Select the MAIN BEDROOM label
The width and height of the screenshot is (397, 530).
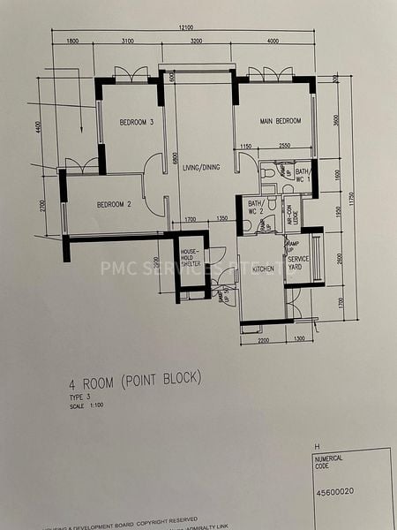(x=280, y=121)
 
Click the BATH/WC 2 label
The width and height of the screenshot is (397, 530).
(x=256, y=208)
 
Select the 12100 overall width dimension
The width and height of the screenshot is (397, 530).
(x=184, y=28)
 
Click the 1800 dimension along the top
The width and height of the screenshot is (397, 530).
(x=72, y=41)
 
